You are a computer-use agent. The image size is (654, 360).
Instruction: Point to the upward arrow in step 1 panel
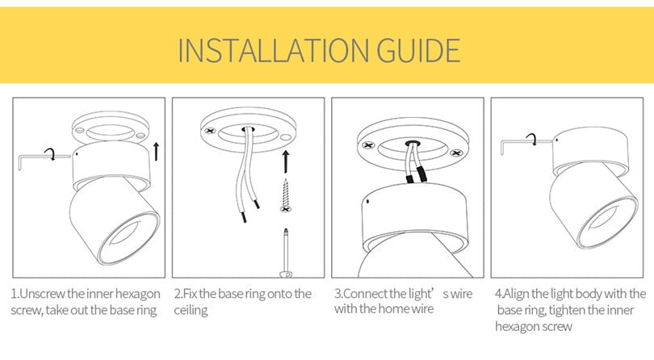(x=156, y=150)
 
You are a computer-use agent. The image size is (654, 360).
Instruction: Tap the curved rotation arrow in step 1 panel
(x=51, y=153)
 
